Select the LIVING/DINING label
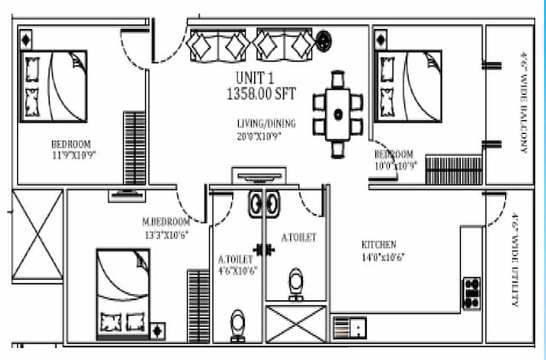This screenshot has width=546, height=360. click(x=259, y=124)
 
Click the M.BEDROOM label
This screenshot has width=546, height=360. click(x=166, y=223)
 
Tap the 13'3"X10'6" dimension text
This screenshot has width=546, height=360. click(x=166, y=235)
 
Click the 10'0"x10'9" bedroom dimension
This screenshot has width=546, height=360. click(x=394, y=165)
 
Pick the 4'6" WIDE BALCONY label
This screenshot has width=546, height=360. click(x=520, y=102)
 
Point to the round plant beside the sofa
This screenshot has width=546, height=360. click(x=325, y=38)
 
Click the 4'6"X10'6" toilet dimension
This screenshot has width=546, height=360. click(x=238, y=271)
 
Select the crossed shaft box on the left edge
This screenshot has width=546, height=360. click(x=37, y=235)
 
